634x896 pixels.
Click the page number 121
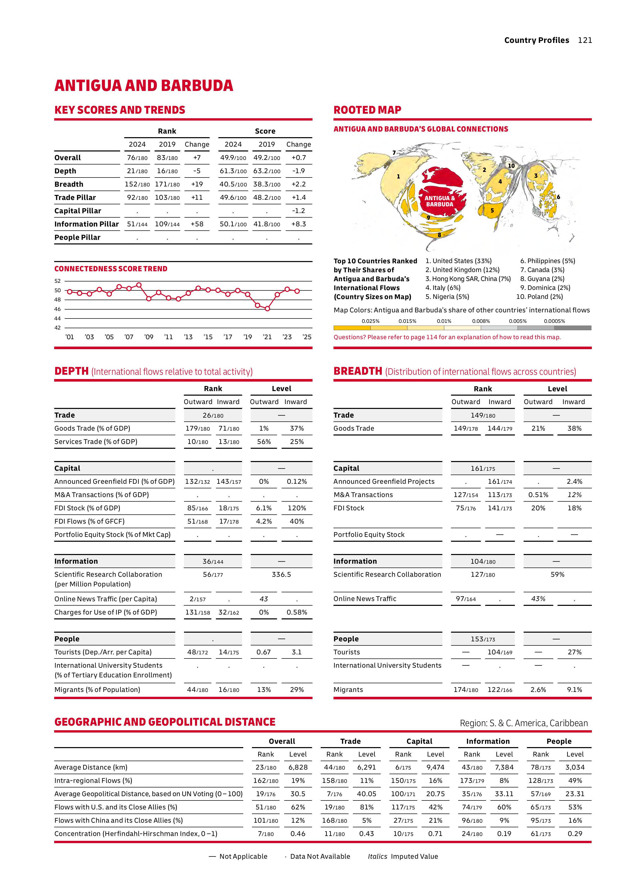click(x=585, y=40)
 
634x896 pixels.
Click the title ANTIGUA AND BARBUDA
click(x=144, y=86)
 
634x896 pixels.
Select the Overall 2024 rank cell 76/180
click(x=137, y=158)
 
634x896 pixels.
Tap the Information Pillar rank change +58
click(x=197, y=224)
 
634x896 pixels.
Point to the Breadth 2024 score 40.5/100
click(x=233, y=184)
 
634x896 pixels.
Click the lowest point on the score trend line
click(x=267, y=309)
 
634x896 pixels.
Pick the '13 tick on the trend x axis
click(x=188, y=337)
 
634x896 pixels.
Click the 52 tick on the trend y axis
click(x=58, y=281)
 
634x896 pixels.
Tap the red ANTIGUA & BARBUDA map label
click(x=440, y=201)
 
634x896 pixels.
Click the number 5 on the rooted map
click(x=492, y=210)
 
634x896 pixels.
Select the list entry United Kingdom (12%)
click(x=462, y=270)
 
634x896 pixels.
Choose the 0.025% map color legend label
click(x=371, y=321)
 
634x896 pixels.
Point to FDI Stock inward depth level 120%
click(x=297, y=508)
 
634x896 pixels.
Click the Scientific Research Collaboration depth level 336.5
click(x=281, y=574)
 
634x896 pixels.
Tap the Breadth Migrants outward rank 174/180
click(x=466, y=690)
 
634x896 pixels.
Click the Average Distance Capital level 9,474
click(x=435, y=767)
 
